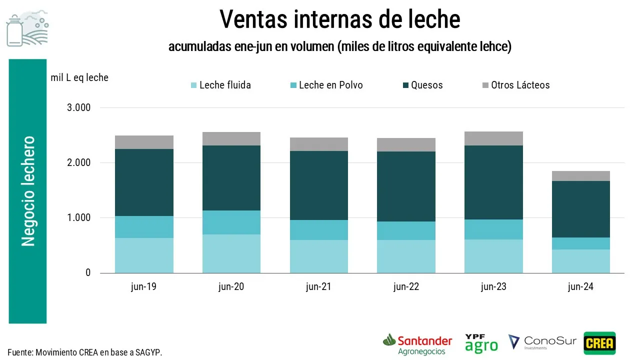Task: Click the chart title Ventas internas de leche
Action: click(339, 19)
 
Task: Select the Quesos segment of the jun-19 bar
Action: click(144, 182)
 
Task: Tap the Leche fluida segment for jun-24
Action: click(580, 261)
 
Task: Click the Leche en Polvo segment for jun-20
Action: click(231, 222)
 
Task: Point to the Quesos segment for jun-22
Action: click(406, 186)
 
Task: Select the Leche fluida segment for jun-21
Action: click(318, 256)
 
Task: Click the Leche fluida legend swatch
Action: click(194, 85)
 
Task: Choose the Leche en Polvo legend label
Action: click(331, 85)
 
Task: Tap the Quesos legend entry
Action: click(426, 85)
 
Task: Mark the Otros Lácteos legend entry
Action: click(520, 85)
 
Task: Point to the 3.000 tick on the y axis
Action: click(78, 108)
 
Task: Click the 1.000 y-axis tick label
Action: click(78, 218)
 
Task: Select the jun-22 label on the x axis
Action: click(406, 287)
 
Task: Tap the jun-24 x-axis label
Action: click(580, 287)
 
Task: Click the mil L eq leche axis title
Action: click(79, 77)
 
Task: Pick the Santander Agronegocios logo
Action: click(417, 344)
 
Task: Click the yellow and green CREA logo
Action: click(599, 343)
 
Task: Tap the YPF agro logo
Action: click(481, 343)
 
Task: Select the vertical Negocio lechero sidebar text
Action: click(28, 191)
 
